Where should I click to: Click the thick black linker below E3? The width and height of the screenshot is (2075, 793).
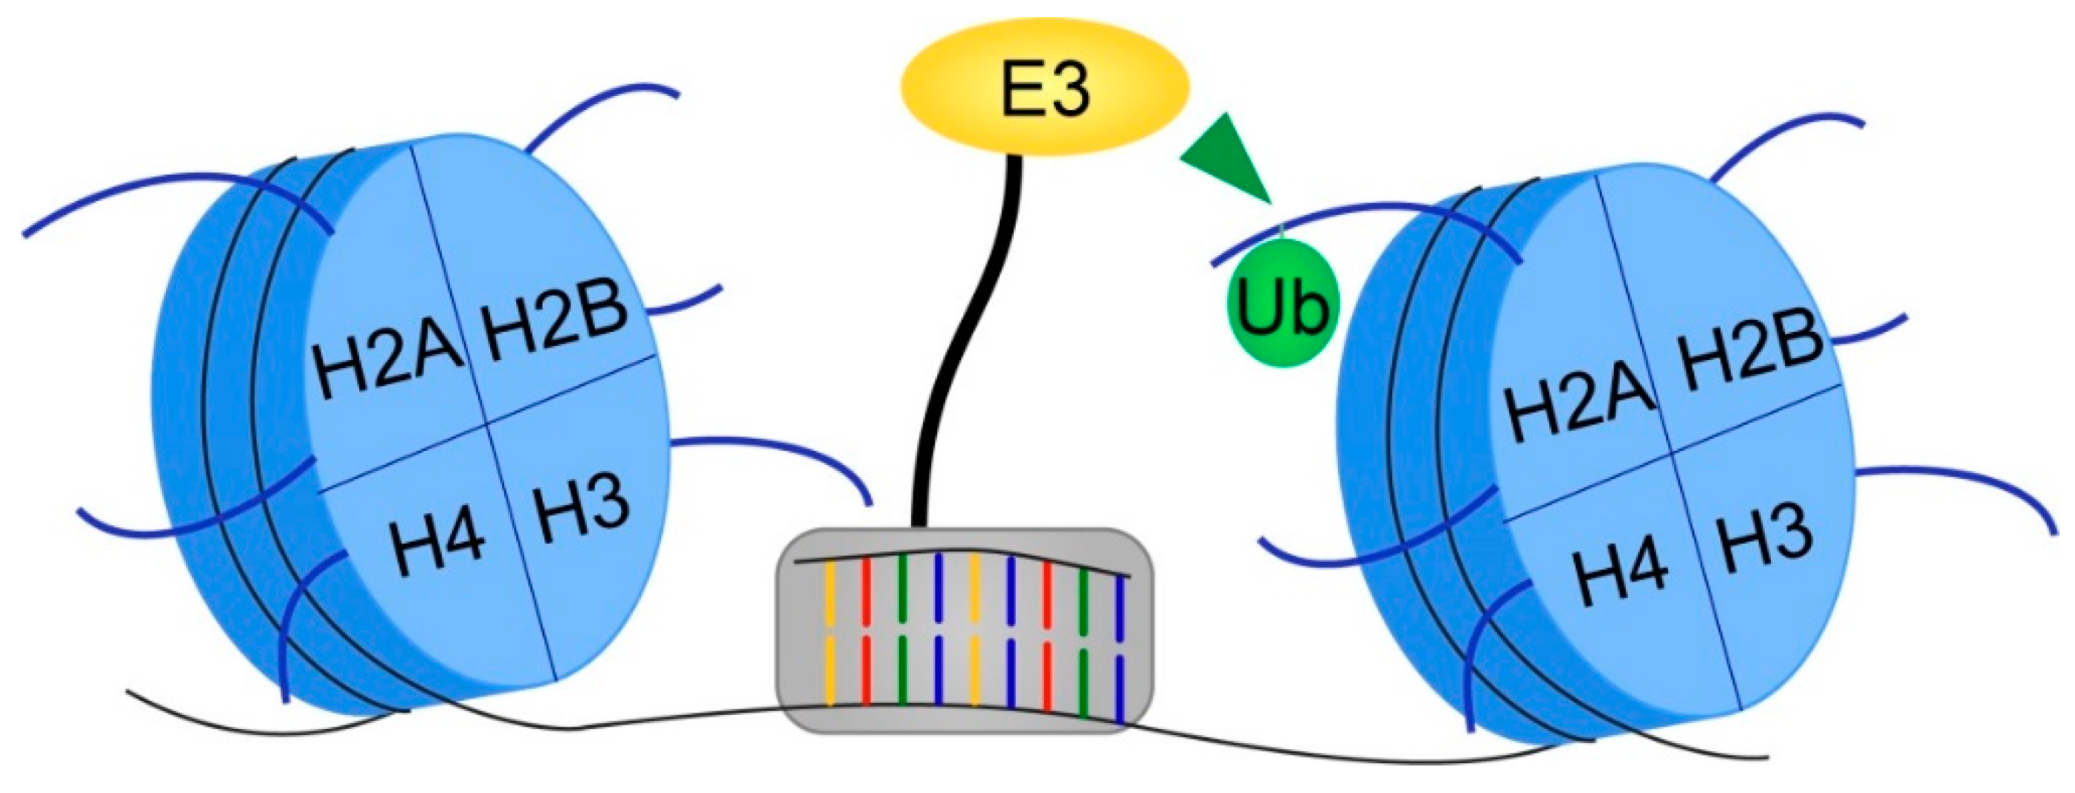pos(967,338)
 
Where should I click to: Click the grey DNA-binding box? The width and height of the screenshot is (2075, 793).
pos(963,631)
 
